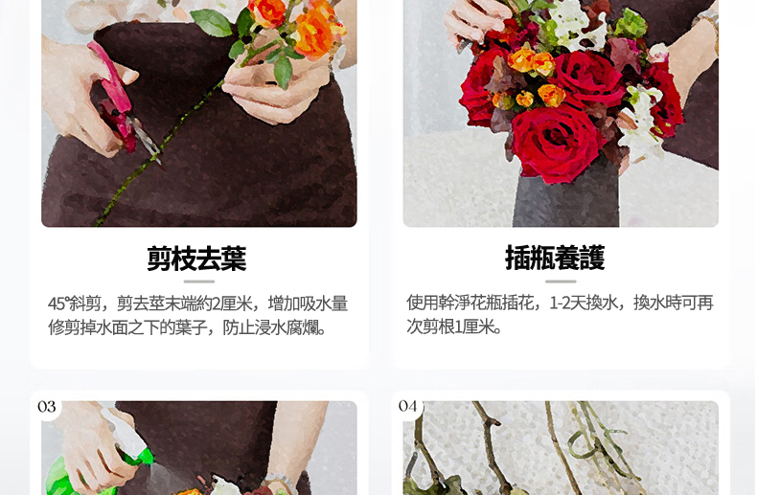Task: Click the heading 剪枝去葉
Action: pyautogui.click(x=196, y=259)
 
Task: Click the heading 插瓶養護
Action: pyautogui.click(x=555, y=258)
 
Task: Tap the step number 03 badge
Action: pyautogui.click(x=46, y=407)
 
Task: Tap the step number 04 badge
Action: pyautogui.click(x=407, y=406)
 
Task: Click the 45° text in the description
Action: pyautogui.click(x=58, y=304)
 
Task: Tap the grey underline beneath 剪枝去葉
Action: pyautogui.click(x=199, y=281)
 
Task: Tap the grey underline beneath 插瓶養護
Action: pyautogui.click(x=561, y=281)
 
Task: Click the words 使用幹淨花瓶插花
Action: pyautogui.click(x=470, y=303)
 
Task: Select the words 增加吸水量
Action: pyautogui.click(x=308, y=304)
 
